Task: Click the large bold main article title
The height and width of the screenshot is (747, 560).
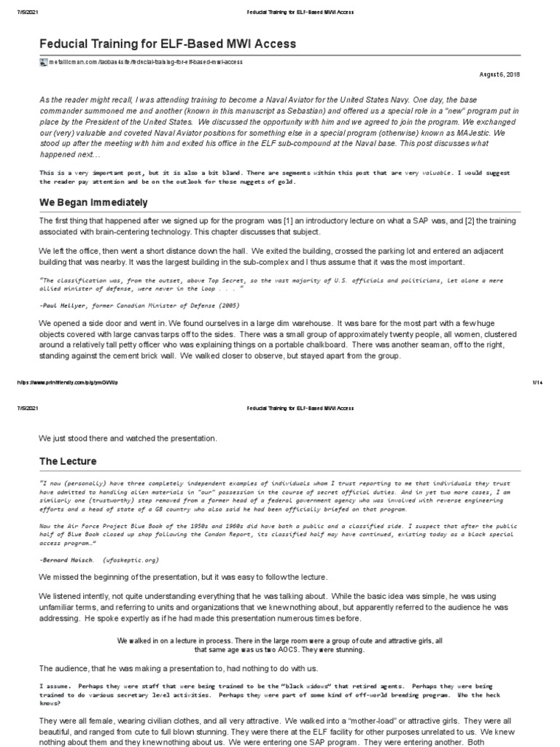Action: coord(168,44)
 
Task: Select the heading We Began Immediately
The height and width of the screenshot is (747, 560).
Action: coord(93,202)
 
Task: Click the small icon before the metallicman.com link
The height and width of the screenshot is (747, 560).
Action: coord(42,63)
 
